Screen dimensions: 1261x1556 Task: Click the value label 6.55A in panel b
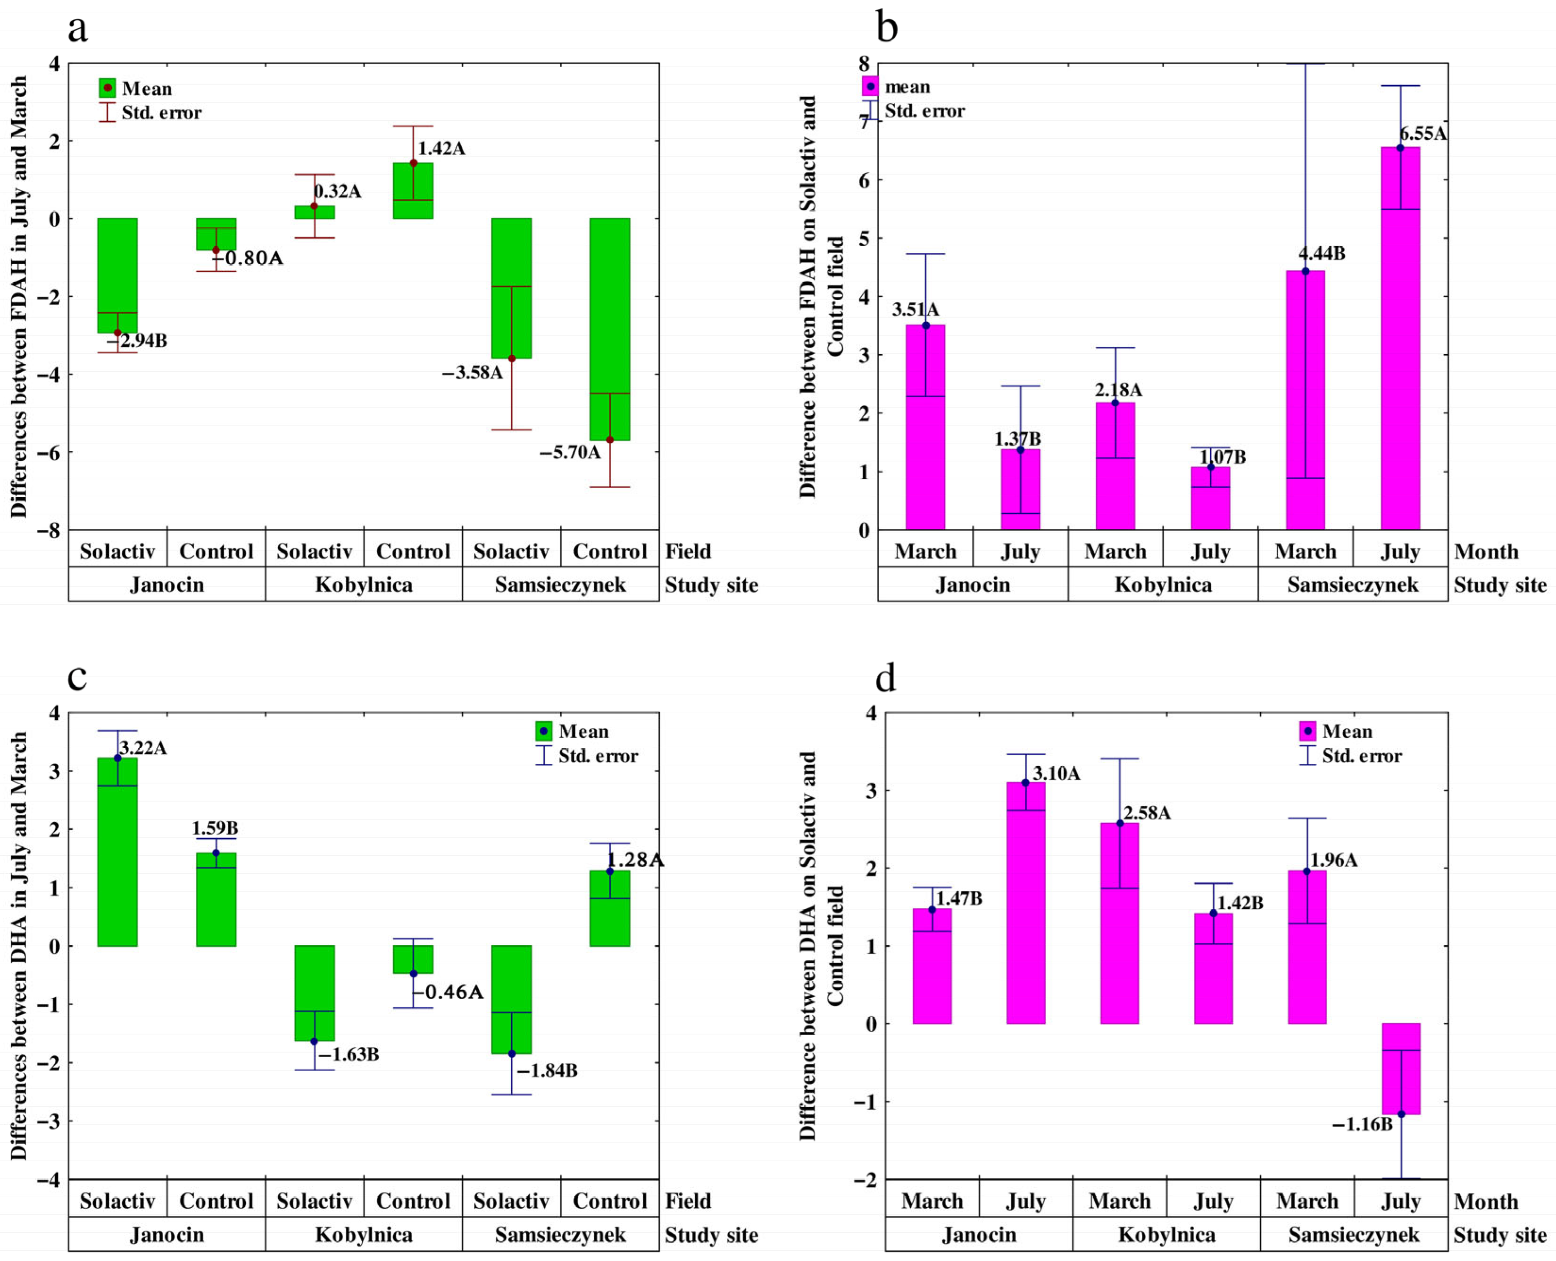coord(1423,134)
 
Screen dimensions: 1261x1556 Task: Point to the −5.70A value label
coord(570,452)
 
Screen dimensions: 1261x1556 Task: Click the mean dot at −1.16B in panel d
coord(1401,1114)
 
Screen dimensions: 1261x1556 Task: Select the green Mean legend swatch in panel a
coord(108,88)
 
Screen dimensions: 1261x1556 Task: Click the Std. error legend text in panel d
coord(1361,756)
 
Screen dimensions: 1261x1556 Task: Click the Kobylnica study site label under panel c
coord(364,1235)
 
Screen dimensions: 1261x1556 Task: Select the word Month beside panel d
coord(1486,1202)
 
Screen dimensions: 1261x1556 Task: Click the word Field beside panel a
coord(688,551)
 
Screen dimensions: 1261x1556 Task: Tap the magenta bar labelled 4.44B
coord(1306,400)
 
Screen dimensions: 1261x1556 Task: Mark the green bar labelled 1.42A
coord(413,190)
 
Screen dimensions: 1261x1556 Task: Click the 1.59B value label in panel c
coord(215,828)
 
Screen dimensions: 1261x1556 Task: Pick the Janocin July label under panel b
coord(1020,551)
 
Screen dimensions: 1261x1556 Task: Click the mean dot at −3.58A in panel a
coord(511,358)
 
